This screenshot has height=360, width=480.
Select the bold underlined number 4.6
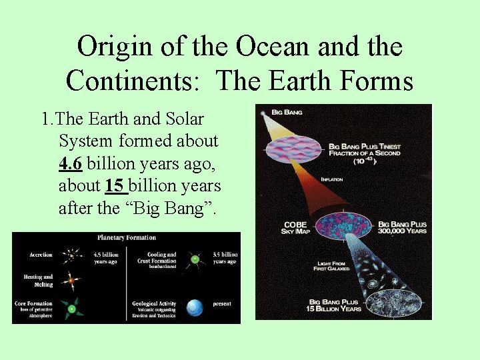(70, 163)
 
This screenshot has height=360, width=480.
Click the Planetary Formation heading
(127, 237)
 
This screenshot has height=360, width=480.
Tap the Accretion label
(41, 255)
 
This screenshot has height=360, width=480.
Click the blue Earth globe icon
(194, 307)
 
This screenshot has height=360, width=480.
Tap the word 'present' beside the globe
(221, 304)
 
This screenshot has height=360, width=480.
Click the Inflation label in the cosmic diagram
(333, 179)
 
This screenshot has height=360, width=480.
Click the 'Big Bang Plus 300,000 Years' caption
(402, 228)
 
